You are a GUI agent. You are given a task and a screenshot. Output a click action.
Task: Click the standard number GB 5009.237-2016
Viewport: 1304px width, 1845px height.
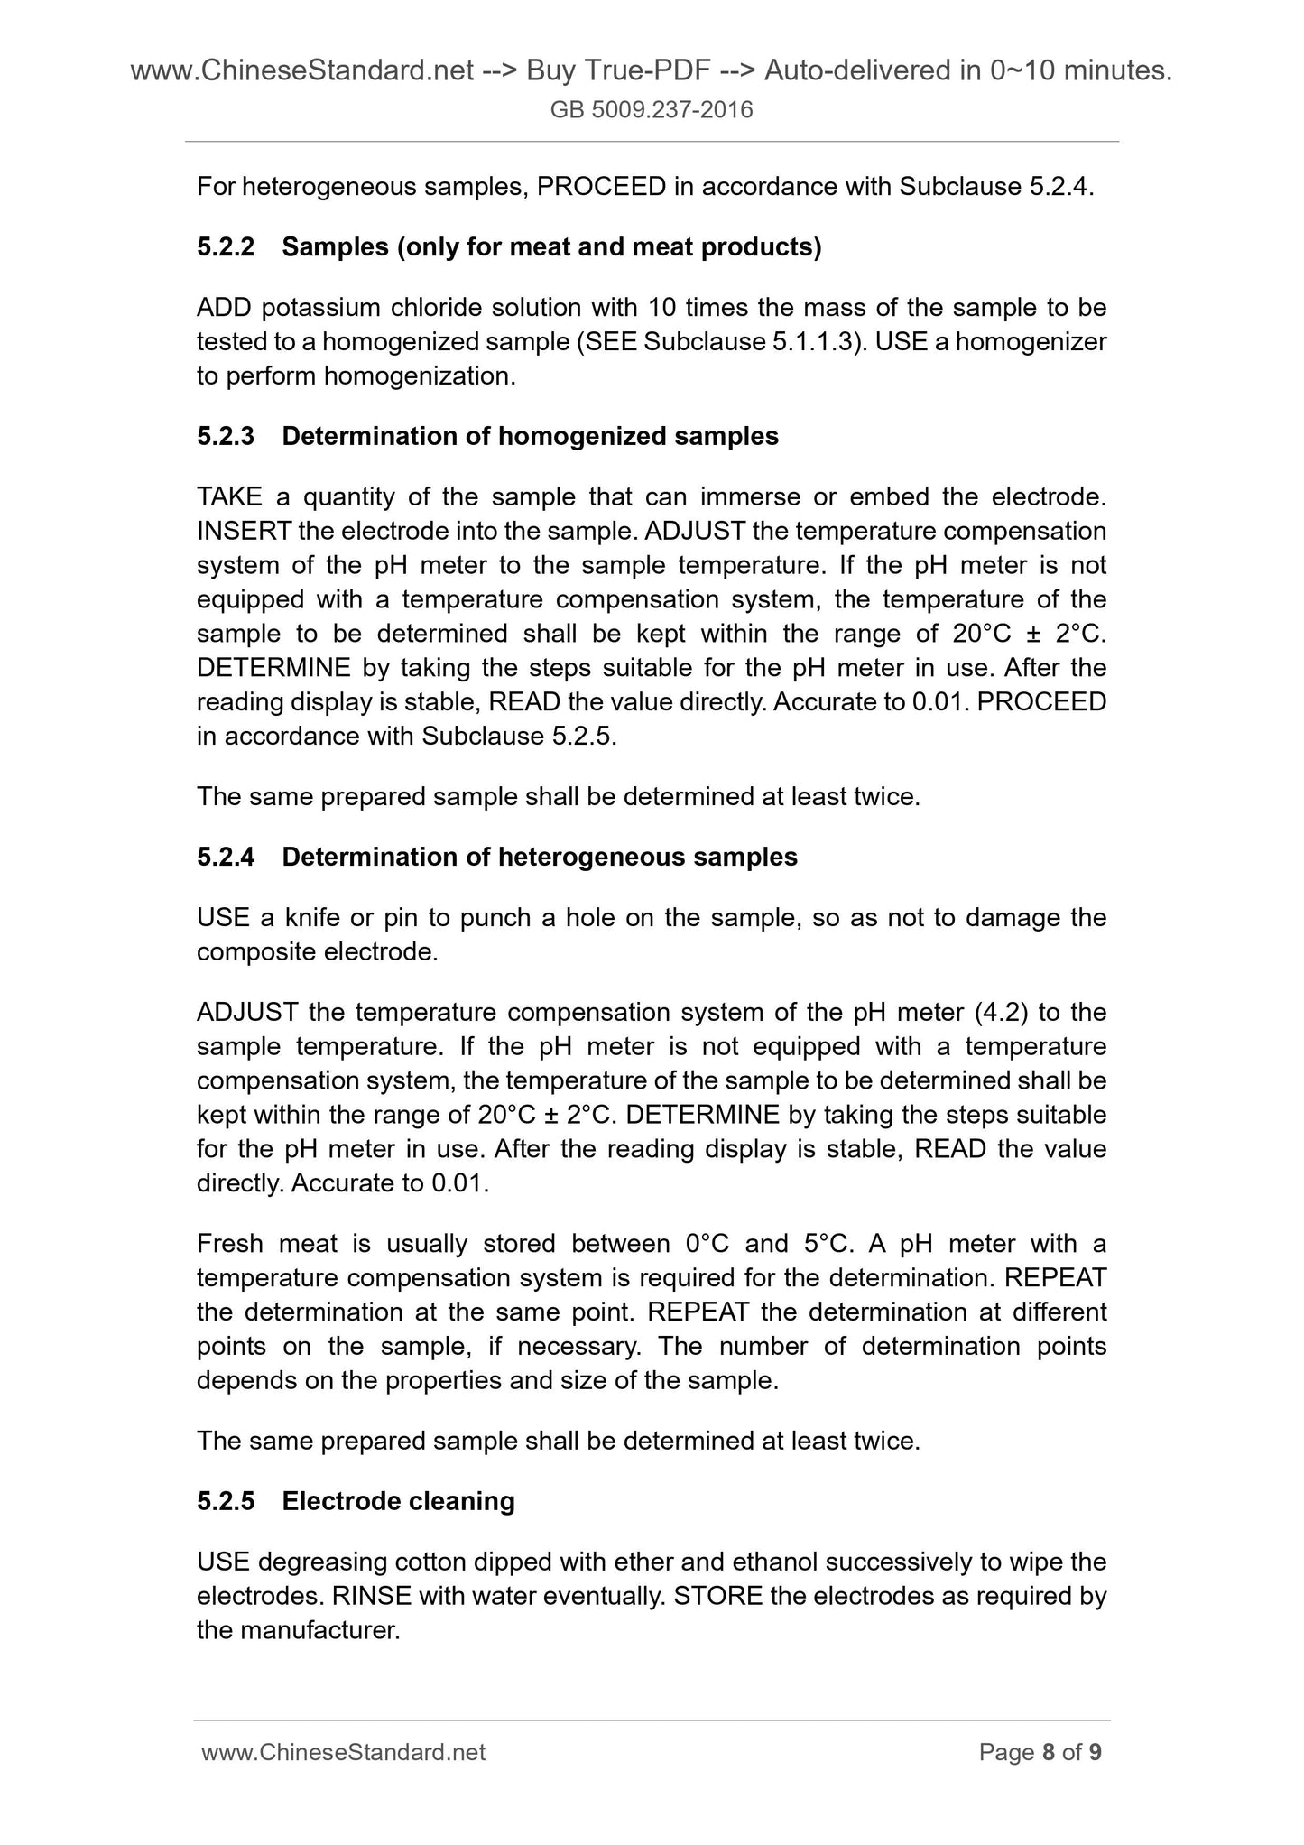click(x=652, y=110)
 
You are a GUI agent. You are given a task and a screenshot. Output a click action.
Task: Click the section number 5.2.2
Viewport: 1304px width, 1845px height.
click(x=226, y=246)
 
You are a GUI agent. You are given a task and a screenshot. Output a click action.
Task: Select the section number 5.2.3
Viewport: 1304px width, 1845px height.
click(x=226, y=436)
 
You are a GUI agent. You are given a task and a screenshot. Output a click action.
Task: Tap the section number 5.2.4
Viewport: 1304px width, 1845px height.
click(x=226, y=857)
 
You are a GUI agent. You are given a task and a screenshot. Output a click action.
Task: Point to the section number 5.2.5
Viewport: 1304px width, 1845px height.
click(x=226, y=1501)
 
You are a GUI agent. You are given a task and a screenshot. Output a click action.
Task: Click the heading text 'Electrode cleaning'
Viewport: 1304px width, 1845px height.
click(x=398, y=1501)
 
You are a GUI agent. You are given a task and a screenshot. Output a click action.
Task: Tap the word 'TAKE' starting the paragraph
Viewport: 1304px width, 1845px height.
click(x=229, y=496)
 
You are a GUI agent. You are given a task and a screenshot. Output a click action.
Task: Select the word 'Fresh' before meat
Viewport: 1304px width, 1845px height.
click(x=228, y=1244)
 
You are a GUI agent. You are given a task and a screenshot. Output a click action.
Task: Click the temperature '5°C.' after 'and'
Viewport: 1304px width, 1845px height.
click(x=828, y=1244)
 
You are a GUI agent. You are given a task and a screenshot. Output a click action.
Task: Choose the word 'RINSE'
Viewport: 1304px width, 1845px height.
click(x=372, y=1596)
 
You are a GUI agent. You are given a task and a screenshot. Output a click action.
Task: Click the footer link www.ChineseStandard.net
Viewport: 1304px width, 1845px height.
click(x=344, y=1752)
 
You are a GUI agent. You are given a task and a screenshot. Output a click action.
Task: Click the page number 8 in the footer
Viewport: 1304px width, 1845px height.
click(x=1049, y=1752)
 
